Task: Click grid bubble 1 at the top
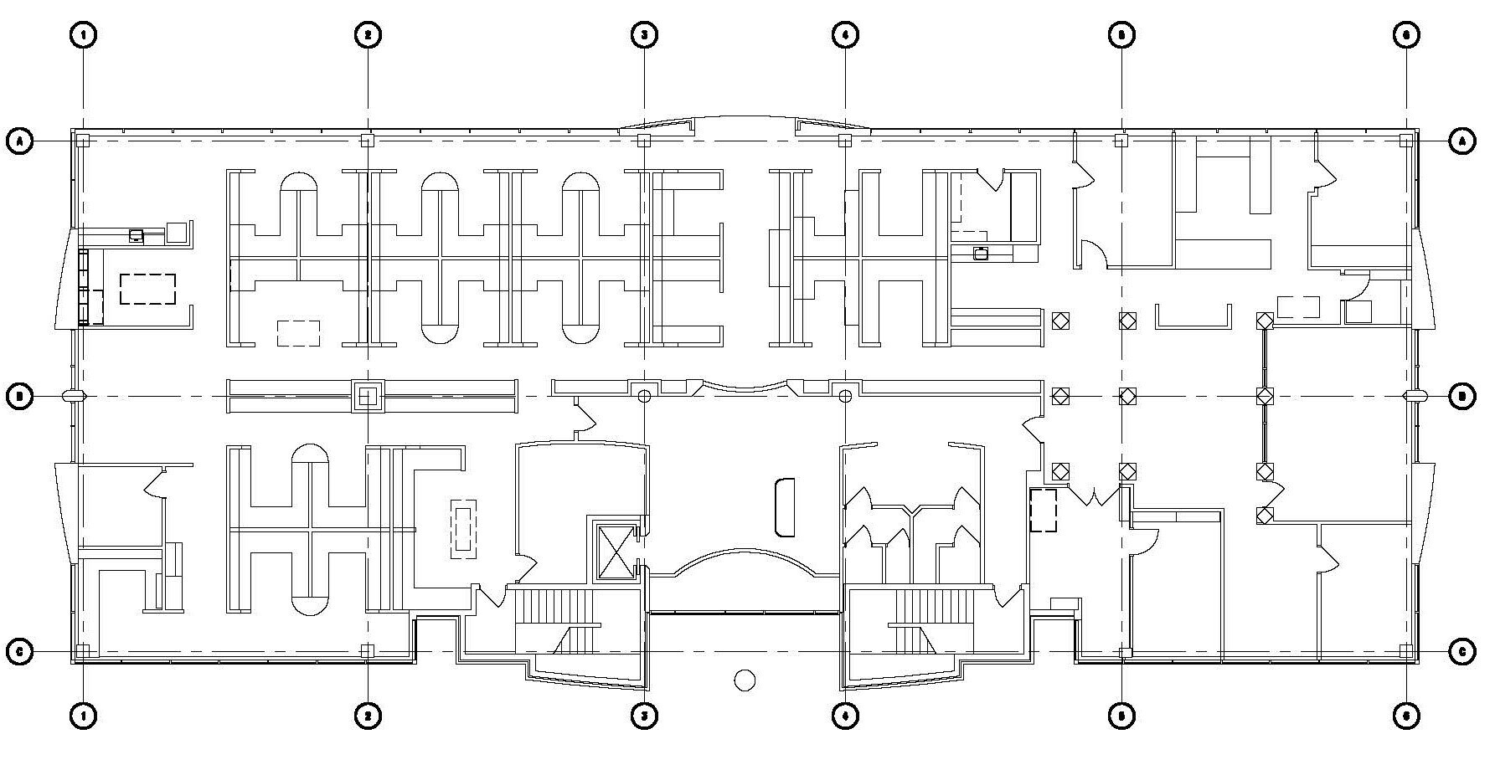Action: point(84,34)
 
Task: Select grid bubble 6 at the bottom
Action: point(1406,716)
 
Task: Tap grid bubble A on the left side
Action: point(19,141)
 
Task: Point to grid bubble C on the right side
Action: point(1462,651)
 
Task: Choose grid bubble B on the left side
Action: point(19,396)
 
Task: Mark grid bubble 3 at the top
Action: point(644,34)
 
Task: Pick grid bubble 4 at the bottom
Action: point(845,716)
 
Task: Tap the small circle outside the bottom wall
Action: point(745,680)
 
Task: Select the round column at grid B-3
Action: point(644,396)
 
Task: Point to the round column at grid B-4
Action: point(845,396)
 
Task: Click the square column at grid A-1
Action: point(83,141)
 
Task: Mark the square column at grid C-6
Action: point(1406,650)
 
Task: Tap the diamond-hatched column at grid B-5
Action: point(1127,396)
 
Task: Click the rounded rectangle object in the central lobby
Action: point(785,507)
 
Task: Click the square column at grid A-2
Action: point(367,141)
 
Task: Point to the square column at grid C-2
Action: point(367,650)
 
